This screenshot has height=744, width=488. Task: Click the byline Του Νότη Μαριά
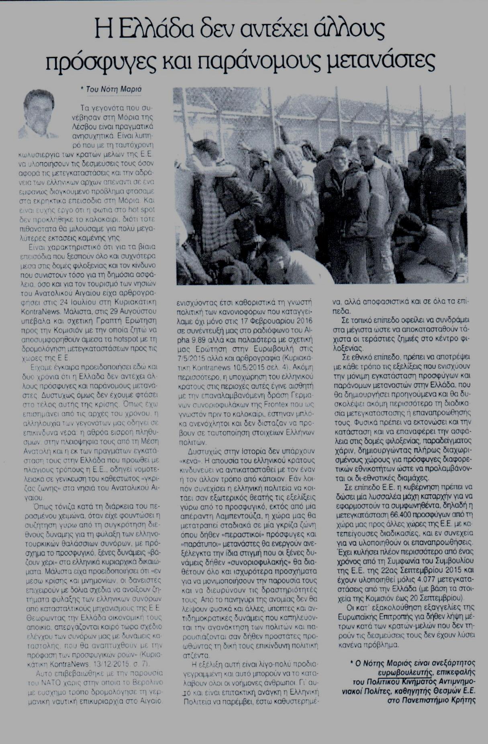click(114, 89)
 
